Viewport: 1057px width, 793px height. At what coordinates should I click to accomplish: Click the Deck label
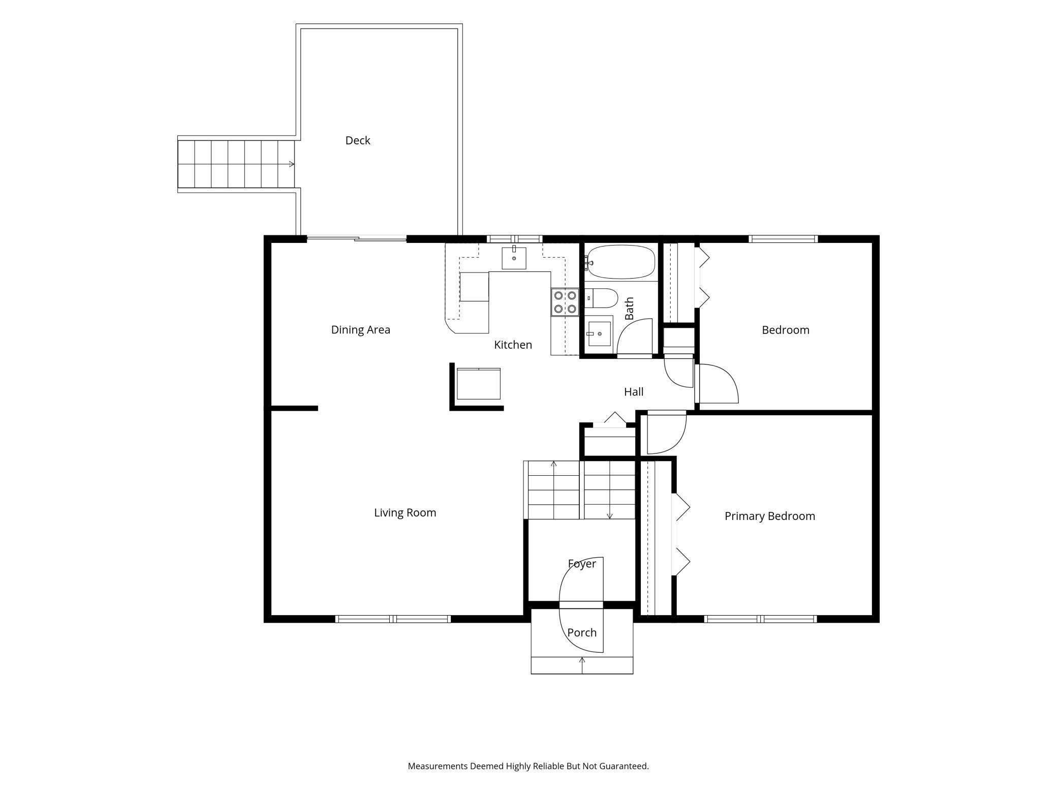[x=358, y=140]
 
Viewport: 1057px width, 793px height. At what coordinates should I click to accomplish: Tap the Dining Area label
[x=361, y=330]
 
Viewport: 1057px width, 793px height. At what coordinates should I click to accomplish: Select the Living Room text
[x=405, y=513]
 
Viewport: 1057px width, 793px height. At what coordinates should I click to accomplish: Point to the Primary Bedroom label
[x=770, y=516]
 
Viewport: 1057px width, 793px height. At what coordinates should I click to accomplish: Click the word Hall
[x=634, y=392]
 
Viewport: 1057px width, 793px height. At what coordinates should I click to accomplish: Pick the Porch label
[x=582, y=633]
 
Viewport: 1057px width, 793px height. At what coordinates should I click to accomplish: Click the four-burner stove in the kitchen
[x=565, y=302]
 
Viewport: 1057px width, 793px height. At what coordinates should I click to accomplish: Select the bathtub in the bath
[x=619, y=262]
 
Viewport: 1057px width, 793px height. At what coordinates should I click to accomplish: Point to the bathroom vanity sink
[x=599, y=333]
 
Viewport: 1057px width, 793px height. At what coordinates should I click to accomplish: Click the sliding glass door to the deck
[x=357, y=238]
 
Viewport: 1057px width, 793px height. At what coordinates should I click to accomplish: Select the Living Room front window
[x=393, y=619]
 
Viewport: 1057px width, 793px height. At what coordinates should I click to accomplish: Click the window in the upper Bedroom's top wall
[x=783, y=239]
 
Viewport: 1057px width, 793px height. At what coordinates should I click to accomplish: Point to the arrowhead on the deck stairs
[x=292, y=164]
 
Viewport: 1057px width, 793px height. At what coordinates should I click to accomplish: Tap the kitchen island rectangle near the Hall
[x=479, y=384]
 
